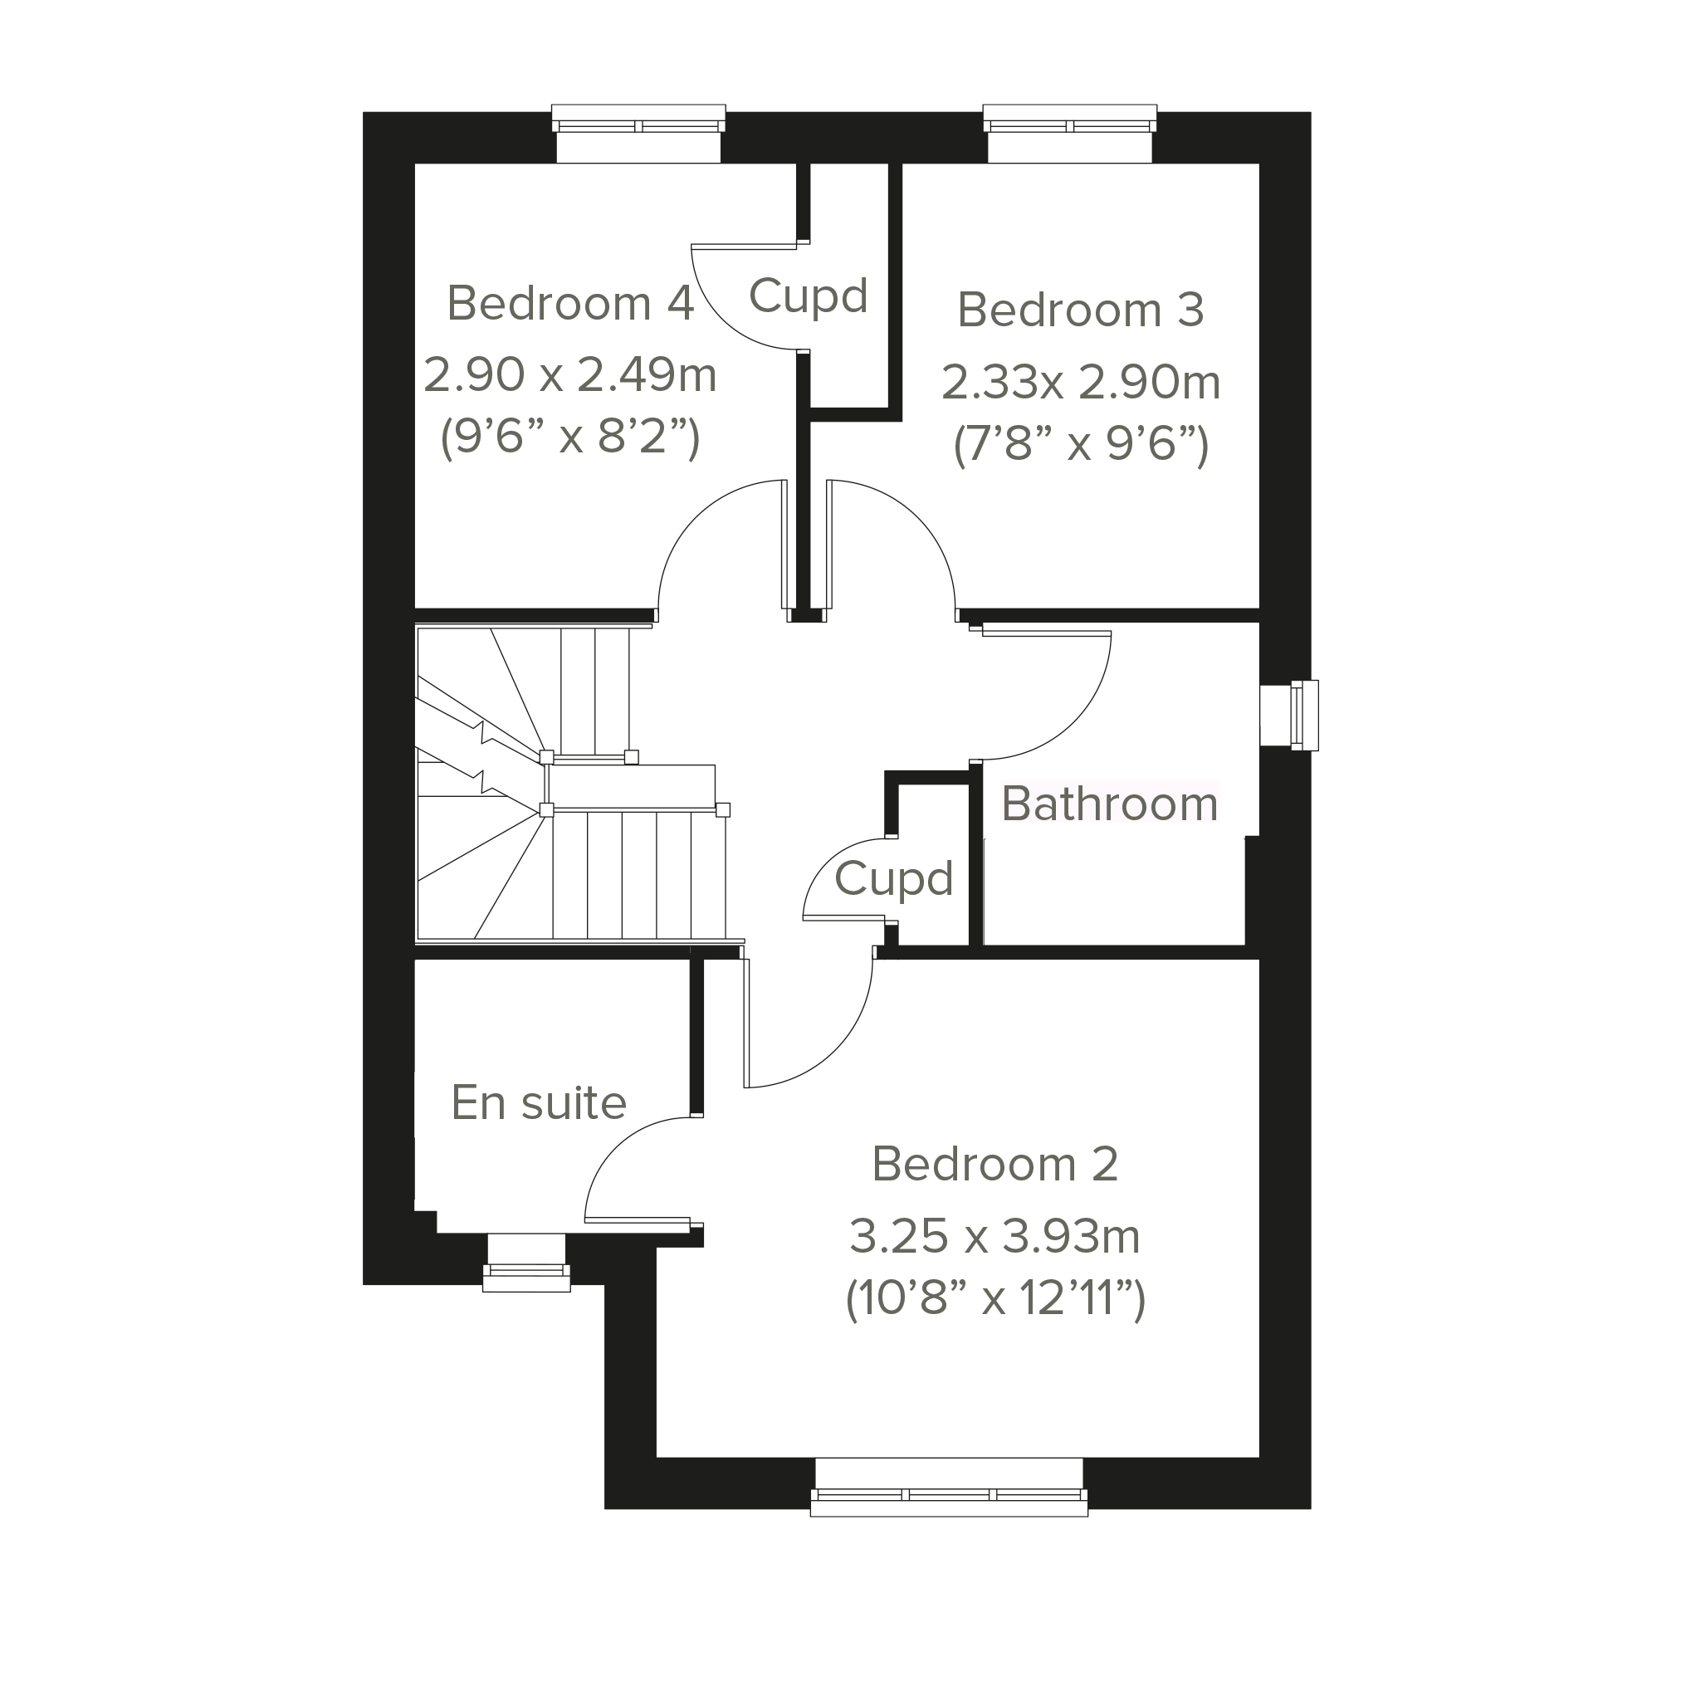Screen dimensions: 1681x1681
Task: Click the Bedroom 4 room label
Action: (x=571, y=304)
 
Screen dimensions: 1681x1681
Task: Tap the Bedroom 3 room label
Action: (x=1081, y=310)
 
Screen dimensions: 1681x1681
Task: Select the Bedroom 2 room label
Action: (x=994, y=1164)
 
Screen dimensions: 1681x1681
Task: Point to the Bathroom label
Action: (x=1109, y=804)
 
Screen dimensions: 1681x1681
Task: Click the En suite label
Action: (x=539, y=1102)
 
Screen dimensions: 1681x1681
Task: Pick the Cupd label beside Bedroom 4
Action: (x=809, y=296)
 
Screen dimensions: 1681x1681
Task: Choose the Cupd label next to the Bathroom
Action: (x=893, y=879)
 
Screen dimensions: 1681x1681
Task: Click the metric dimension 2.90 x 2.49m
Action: (x=571, y=375)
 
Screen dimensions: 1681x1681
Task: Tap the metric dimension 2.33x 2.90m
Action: (x=1082, y=383)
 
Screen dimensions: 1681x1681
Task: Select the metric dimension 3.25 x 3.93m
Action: (x=994, y=1236)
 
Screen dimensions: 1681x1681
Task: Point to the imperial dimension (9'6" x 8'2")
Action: (x=571, y=437)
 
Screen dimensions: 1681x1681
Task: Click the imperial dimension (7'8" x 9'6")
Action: (x=1082, y=446)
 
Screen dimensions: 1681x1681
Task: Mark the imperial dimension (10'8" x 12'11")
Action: (x=995, y=1300)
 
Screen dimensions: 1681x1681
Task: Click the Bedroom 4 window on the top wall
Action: (x=638, y=133)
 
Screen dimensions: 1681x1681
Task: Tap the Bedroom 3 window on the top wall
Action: (x=1070, y=133)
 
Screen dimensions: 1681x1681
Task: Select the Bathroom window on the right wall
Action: (x=1289, y=716)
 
